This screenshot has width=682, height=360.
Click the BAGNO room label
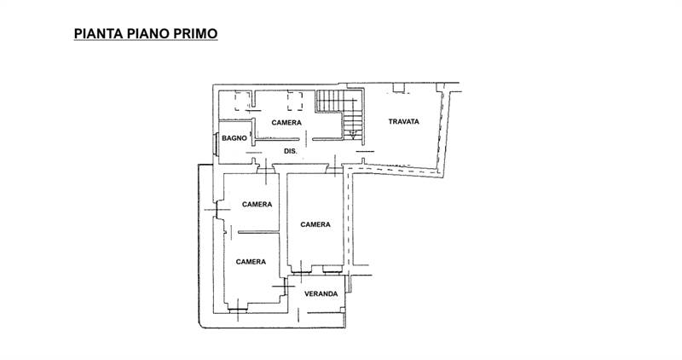click(234, 137)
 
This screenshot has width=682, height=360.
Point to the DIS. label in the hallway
click(290, 151)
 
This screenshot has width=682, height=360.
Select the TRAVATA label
click(404, 122)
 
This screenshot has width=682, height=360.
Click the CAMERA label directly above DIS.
click(286, 122)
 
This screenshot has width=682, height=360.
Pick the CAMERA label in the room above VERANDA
click(315, 224)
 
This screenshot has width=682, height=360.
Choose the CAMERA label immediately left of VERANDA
click(251, 262)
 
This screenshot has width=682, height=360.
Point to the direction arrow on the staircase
click(350, 128)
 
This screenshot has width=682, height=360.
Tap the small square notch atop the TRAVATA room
click(398, 86)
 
